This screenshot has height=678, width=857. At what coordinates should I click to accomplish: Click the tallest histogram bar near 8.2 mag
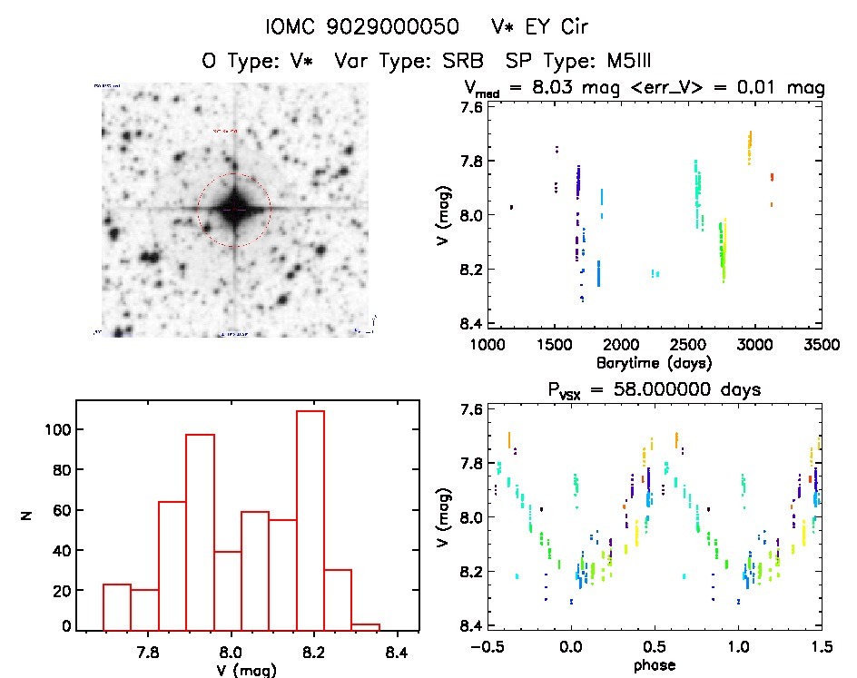tap(310, 517)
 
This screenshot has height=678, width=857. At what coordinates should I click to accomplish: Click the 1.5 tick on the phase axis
tap(820, 647)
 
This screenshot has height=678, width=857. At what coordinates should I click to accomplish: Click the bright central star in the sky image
tap(234, 210)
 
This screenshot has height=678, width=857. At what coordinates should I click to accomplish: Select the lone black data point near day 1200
tap(512, 207)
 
